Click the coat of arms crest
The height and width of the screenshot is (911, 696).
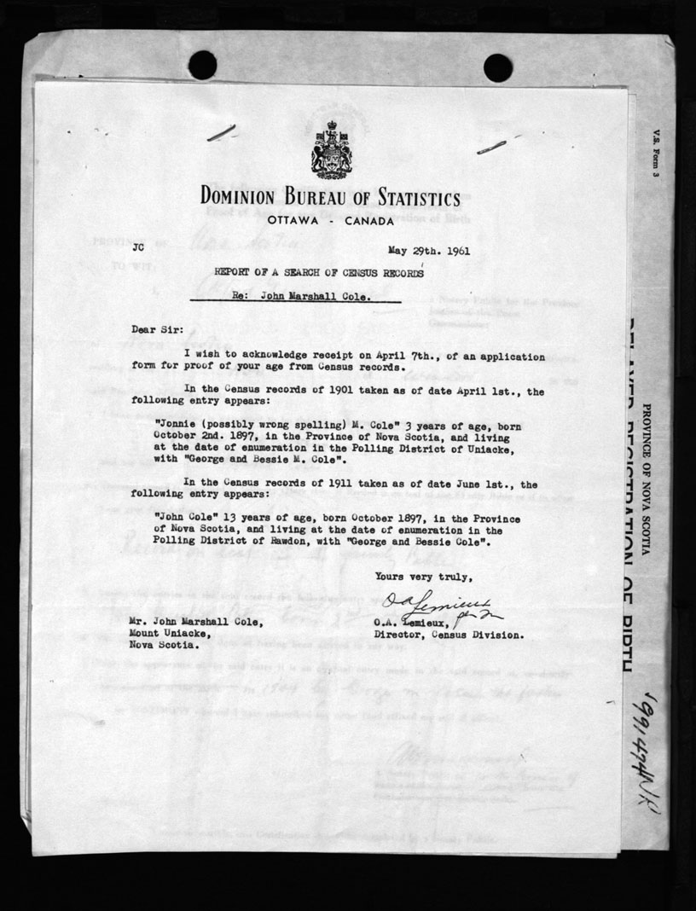(x=329, y=149)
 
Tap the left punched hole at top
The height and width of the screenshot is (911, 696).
(x=202, y=65)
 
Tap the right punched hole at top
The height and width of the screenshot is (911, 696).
(x=497, y=67)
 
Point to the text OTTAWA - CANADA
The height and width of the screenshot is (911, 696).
(x=330, y=220)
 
